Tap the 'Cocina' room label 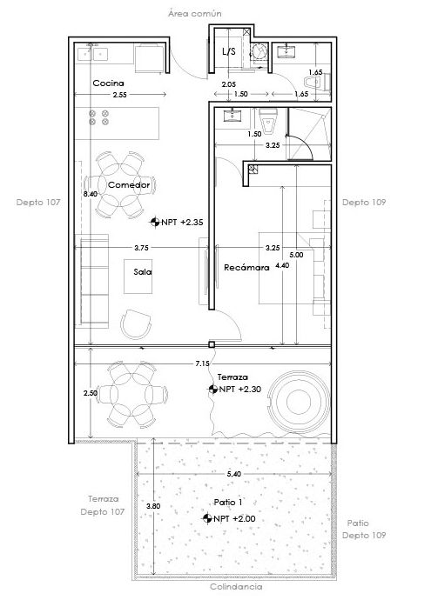pyautogui.click(x=108, y=83)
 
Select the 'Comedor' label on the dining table pyautogui.click(x=129, y=185)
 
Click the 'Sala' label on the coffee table pyautogui.click(x=143, y=271)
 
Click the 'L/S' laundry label pyautogui.click(x=229, y=51)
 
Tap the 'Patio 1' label pyautogui.click(x=227, y=503)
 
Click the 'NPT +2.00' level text pyautogui.click(x=231, y=518)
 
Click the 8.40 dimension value pyautogui.click(x=89, y=194)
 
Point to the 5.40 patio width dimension pyautogui.click(x=233, y=474)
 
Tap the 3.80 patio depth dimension pyautogui.click(x=153, y=505)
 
